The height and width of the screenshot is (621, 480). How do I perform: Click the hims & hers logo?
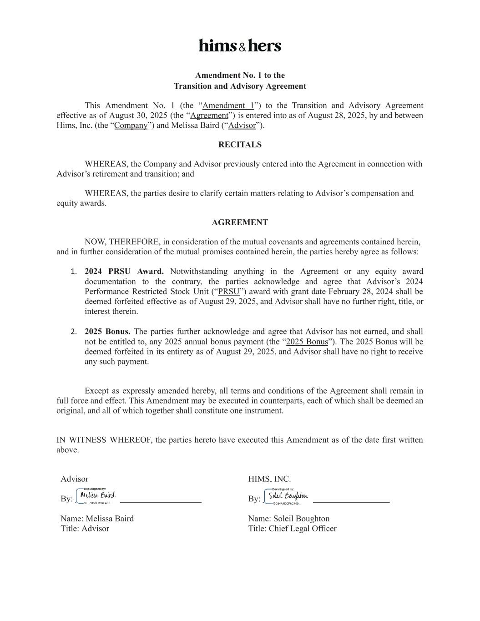pos(240,45)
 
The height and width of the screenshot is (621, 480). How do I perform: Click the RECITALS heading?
pos(240,145)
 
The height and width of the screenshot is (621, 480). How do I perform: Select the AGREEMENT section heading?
pos(240,222)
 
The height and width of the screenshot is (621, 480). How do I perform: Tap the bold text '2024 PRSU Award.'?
pos(124,272)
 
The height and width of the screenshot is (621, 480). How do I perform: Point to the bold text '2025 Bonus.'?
pos(107,332)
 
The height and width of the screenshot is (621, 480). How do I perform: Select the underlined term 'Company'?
pos(131,126)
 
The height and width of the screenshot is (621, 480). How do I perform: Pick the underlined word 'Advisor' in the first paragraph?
pos(242,126)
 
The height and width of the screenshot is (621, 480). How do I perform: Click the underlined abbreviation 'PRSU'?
pos(229,292)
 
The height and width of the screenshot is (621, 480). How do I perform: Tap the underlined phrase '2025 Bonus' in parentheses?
pos(307,342)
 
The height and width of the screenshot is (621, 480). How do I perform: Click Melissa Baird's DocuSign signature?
pos(97,496)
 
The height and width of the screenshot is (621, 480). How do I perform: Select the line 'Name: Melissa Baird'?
pos(97,519)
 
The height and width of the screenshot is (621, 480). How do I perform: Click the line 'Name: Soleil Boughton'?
pos(288,519)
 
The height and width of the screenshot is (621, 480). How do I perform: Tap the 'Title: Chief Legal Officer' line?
pos(292,529)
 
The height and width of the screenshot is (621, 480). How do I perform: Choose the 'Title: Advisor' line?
pos(85,529)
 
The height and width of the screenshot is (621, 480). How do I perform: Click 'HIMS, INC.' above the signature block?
pos(269,479)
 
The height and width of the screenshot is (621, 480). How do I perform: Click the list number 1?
pos(74,272)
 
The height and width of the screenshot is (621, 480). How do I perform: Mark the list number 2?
pos(74,332)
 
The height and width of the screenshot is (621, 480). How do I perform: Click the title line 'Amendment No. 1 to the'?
pos(240,76)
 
